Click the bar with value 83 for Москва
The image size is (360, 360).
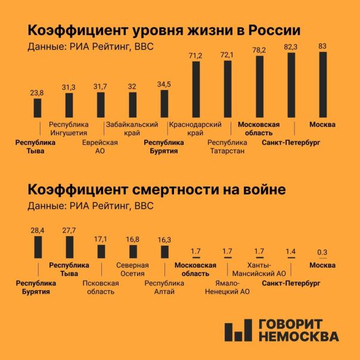pos(323,85)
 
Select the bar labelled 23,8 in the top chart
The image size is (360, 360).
pos(37,108)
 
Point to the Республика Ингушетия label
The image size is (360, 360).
pos(69,129)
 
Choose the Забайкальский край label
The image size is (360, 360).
pos(132,129)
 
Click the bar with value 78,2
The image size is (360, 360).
pos(259,87)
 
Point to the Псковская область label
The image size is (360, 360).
pos(100,287)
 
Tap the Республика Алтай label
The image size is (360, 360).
pos(164,287)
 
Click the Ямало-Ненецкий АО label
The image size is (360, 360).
pos(227,287)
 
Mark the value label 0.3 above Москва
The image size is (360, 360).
pos(322,252)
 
